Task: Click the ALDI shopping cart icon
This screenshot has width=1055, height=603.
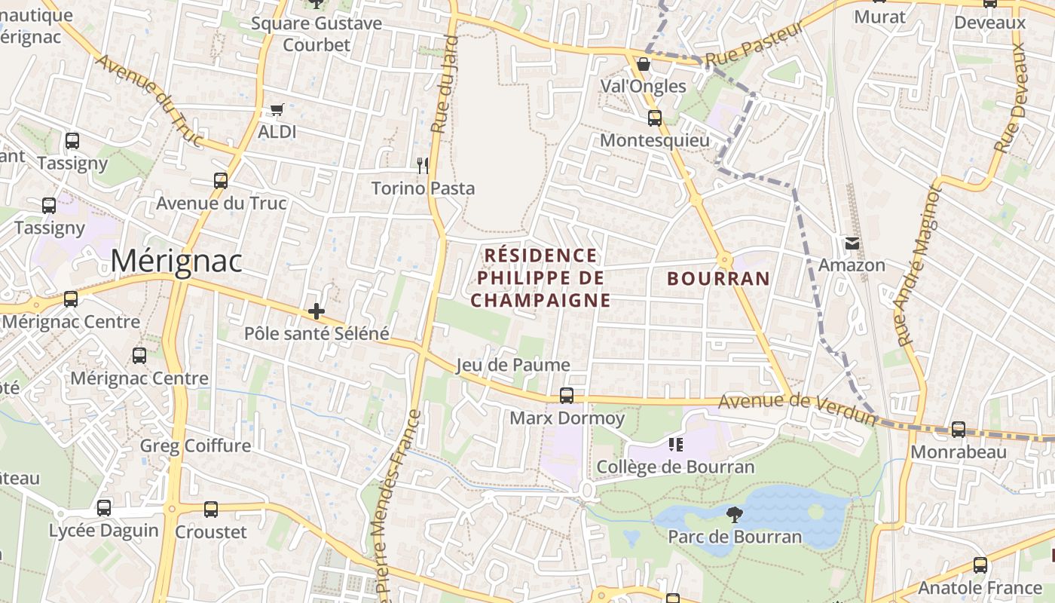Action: (277, 110)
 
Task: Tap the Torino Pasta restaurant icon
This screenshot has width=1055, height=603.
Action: (423, 165)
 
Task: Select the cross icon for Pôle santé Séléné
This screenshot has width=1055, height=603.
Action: (316, 311)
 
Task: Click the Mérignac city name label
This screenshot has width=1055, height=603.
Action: (176, 262)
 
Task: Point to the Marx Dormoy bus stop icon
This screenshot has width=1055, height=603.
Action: (567, 396)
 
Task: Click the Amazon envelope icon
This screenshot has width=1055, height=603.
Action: (852, 243)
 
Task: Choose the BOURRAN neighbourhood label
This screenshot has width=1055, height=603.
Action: (719, 279)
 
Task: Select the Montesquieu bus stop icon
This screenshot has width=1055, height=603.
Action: (654, 118)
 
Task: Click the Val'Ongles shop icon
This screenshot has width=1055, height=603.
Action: (643, 64)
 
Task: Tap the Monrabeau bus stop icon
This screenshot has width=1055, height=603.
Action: (959, 430)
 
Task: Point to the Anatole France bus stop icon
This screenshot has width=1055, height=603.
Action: (980, 565)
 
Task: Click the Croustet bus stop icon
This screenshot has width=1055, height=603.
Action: (211, 510)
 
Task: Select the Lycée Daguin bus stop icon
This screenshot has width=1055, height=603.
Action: (104, 508)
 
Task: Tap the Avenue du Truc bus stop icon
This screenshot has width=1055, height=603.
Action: (221, 181)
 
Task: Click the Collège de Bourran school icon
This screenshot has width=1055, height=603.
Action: (675, 445)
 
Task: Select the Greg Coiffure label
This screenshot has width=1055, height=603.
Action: (195, 445)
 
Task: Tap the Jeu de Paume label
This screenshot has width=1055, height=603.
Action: (513, 365)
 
